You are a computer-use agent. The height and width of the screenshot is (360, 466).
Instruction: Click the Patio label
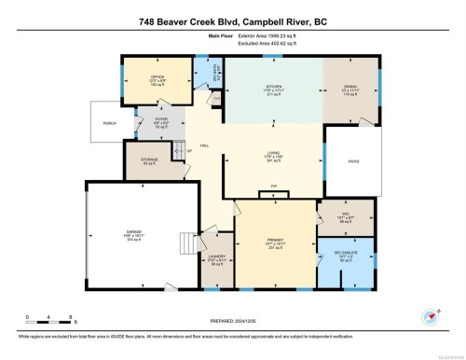coord(353,161)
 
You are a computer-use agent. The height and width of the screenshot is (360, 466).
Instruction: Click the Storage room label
coord(149,160)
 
